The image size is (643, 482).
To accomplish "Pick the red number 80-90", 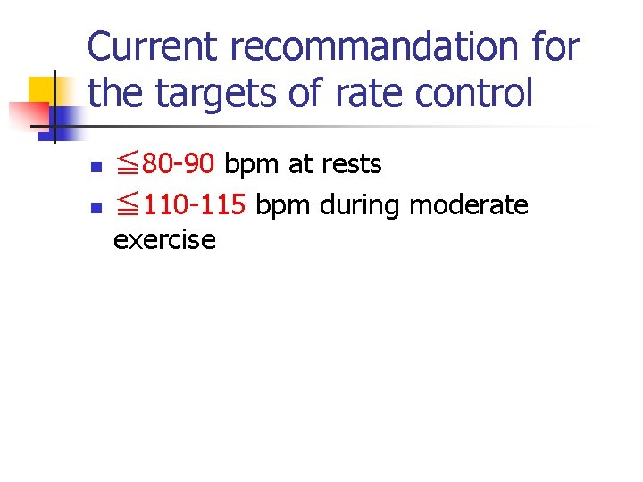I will click(x=179, y=165).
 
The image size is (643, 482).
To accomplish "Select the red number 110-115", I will click(x=194, y=205).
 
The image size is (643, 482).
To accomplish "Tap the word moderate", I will click(x=468, y=205).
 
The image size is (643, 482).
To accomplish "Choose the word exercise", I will click(x=164, y=239).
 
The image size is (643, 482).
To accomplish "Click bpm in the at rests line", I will click(x=252, y=165).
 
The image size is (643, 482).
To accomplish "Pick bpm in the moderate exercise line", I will click(x=283, y=205).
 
